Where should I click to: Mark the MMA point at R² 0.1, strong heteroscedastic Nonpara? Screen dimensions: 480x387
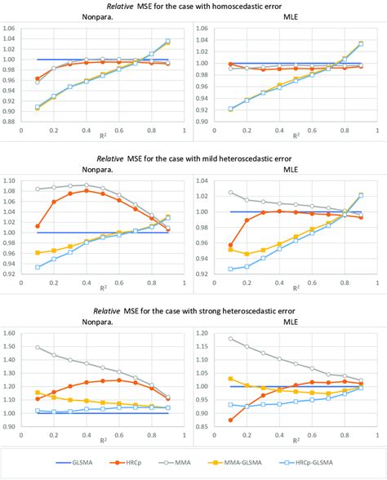click(x=38, y=348)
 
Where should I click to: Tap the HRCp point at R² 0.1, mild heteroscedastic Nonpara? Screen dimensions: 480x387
click(x=38, y=226)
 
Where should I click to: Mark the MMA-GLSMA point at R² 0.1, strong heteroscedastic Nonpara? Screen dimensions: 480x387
click(x=38, y=393)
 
